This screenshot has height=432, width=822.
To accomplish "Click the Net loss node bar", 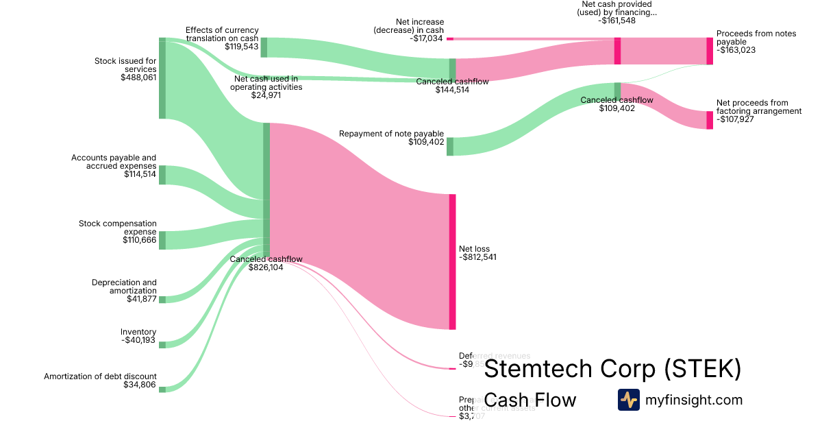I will point(452,262).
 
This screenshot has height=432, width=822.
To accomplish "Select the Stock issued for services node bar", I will point(162,78).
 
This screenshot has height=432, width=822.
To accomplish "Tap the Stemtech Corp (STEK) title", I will point(612,369).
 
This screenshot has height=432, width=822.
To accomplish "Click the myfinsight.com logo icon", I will point(628,400).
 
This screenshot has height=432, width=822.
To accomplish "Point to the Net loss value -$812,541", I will point(477,257).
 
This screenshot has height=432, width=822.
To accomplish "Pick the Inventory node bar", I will point(162,345).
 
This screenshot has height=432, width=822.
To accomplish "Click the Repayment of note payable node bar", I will point(450,146).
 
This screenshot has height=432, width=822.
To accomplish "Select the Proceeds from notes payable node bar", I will point(710,51).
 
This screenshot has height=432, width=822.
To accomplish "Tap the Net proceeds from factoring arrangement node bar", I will point(710,120).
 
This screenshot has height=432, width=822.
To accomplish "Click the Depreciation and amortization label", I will point(124,287).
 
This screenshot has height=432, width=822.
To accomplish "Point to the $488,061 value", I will point(138,77).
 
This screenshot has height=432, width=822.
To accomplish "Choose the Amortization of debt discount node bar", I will point(162,389).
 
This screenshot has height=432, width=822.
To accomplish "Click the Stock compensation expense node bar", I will point(162,240).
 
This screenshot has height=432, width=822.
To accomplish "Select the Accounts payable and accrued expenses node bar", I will point(162,175).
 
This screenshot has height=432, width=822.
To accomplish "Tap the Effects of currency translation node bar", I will point(264,47).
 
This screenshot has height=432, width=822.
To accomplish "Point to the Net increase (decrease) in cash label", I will point(408,26).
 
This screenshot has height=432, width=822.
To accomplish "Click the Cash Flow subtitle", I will point(530,400).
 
